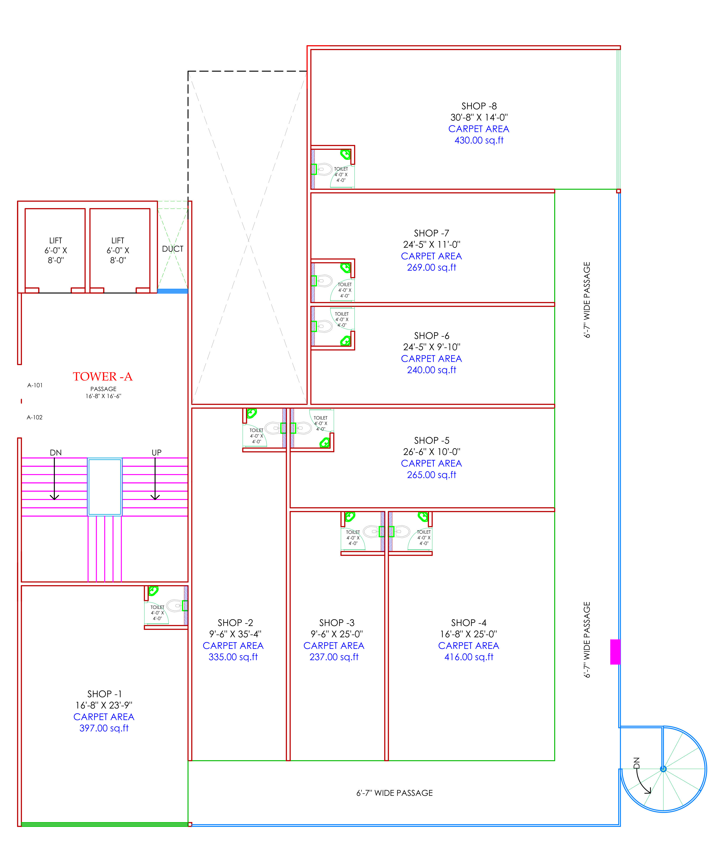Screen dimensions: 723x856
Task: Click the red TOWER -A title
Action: (x=102, y=376)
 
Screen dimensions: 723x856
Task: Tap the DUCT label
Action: (x=173, y=249)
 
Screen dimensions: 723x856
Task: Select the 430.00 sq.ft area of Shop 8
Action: (x=479, y=140)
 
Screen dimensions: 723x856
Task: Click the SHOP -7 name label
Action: (x=432, y=233)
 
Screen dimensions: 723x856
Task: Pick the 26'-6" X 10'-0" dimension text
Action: (x=432, y=452)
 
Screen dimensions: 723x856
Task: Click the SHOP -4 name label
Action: (x=469, y=622)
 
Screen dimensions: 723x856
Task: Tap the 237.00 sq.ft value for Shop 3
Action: (x=334, y=657)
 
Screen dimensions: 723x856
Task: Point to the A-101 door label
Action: (x=35, y=385)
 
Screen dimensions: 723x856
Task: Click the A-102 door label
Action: (x=34, y=417)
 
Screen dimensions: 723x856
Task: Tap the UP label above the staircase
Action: (x=157, y=452)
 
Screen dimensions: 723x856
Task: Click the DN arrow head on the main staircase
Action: (x=55, y=497)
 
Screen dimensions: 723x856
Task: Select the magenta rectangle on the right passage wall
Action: (x=615, y=652)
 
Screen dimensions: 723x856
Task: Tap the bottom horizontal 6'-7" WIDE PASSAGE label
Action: (x=394, y=793)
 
